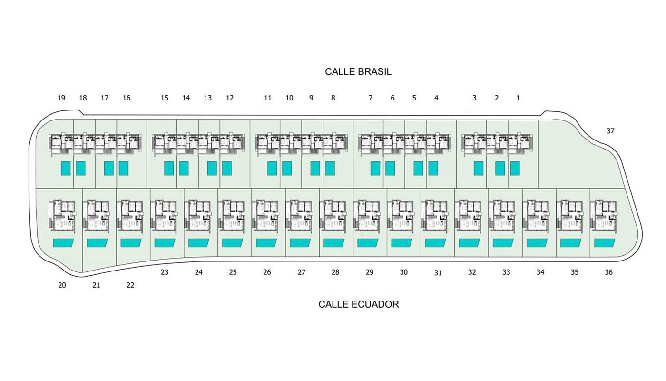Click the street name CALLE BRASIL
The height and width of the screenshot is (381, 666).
coord(358,72)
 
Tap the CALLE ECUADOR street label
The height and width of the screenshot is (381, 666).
coord(359,304)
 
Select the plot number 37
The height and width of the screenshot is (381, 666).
coord(610,130)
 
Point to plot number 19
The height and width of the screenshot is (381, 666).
coord(61,98)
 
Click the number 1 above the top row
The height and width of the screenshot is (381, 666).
coord(518,98)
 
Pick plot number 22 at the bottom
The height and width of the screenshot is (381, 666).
coord(130,285)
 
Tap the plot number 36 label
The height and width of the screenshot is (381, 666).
coord(608,272)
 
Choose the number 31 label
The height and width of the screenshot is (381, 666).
coord(438,272)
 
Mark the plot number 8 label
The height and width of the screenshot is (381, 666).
coord(333,98)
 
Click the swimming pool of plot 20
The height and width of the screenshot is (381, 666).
coord(63,242)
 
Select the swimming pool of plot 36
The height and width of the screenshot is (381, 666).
coord(605,242)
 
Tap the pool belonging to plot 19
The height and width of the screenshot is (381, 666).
coord(66,168)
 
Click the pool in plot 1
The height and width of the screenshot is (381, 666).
coord(515,168)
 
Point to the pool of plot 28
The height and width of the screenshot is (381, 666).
coord(334,242)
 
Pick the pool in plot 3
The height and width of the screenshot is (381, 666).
coord(479,168)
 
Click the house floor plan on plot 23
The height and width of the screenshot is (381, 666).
coord(164,216)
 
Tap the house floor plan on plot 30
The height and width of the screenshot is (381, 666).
coord(400,216)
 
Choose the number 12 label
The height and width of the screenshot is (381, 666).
coord(229,98)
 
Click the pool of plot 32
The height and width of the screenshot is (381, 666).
coord(469,242)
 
